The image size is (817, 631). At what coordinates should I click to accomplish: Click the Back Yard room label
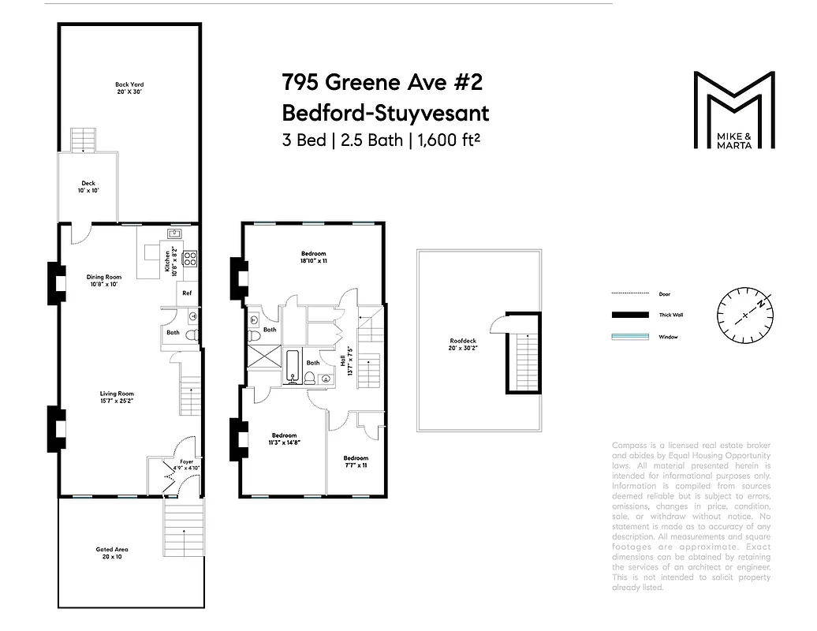coord(129,88)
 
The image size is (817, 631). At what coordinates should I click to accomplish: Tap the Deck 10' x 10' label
coord(88,187)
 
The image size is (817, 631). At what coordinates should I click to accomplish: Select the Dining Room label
coord(103,280)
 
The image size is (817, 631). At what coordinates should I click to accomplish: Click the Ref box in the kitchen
coord(187,293)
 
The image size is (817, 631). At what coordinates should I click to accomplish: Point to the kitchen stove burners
coord(190,257)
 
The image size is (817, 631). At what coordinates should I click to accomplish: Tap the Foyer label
coord(186,465)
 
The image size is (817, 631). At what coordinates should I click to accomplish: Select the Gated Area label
coord(112,552)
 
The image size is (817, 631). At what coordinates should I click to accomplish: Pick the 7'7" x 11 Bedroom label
coord(356,462)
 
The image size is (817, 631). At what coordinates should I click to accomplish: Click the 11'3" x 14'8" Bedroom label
coord(285,439)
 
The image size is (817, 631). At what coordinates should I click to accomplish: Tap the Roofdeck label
coord(462,345)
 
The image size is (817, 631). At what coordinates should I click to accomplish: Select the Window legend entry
coord(666,337)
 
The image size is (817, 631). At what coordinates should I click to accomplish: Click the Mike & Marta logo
coord(733,110)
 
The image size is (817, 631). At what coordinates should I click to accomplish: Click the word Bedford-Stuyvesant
coord(386,113)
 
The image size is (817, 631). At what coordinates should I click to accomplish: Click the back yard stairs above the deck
coord(83,140)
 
